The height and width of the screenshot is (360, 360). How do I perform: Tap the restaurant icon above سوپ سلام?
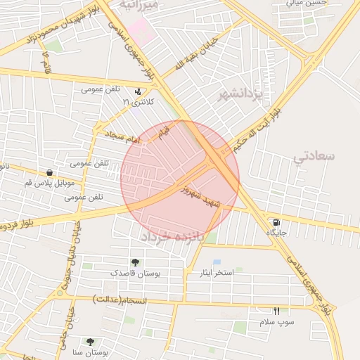pos(276,311)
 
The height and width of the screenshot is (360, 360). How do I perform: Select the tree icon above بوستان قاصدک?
pos(135,262)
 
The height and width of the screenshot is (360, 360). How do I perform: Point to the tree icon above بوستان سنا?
pos(90,341)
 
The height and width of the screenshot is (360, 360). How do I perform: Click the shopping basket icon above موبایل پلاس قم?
pos(49,172)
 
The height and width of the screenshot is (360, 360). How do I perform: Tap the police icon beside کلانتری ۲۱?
pos(137,91)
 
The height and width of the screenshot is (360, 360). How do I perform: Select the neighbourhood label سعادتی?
pos(314,156)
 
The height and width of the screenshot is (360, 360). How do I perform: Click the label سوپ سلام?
pos(276,322)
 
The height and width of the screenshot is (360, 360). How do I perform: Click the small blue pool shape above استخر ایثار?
pos(217,262)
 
